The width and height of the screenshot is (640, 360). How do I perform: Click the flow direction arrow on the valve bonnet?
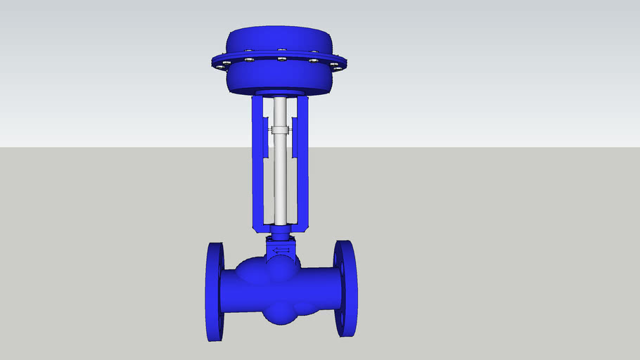click(x=281, y=250)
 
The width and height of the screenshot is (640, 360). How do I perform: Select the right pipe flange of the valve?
click(x=345, y=288)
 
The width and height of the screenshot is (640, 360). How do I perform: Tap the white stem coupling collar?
click(x=280, y=130)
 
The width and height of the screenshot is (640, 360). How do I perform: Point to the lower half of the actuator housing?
click(x=280, y=79)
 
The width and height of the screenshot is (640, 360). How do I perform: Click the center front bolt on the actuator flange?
click(x=281, y=60)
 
